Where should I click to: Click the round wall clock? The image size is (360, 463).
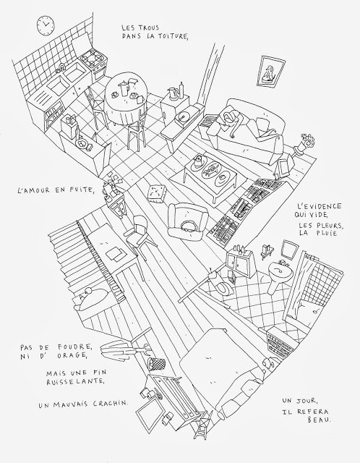coord(46,25)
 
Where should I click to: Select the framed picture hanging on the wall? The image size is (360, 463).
coord(270,72)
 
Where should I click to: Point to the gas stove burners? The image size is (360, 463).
coord(92,58)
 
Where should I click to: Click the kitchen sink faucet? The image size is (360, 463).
coord(61,68)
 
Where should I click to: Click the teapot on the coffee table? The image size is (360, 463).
coord(197,161)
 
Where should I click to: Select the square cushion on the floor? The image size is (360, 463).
coord(156,193)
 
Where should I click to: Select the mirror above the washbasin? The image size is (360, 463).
coord(288,249)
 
